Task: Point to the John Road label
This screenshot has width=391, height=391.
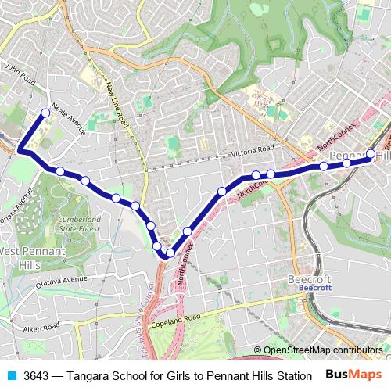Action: pyautogui.click(x=20, y=78)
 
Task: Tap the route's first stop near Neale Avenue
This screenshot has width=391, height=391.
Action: pyautogui.click(x=45, y=113)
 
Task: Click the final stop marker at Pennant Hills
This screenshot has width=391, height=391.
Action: pyautogui.click(x=371, y=153)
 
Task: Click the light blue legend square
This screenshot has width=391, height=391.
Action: pyautogui.click(x=12, y=375)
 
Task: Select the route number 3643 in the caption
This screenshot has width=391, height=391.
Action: pyautogui.click(x=37, y=375)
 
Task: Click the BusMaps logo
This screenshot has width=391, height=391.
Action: pyautogui.click(x=357, y=375)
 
